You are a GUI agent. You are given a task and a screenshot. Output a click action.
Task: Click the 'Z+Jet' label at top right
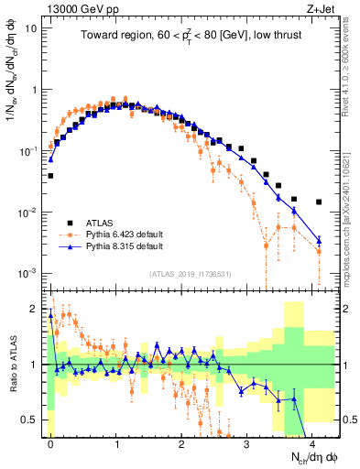click(319, 7)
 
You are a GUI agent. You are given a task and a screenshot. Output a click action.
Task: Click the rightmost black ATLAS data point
click(318, 202)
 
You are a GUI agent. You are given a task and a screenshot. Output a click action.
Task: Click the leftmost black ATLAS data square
click(50, 175)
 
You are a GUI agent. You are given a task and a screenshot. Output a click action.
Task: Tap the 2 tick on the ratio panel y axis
click(36, 309)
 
